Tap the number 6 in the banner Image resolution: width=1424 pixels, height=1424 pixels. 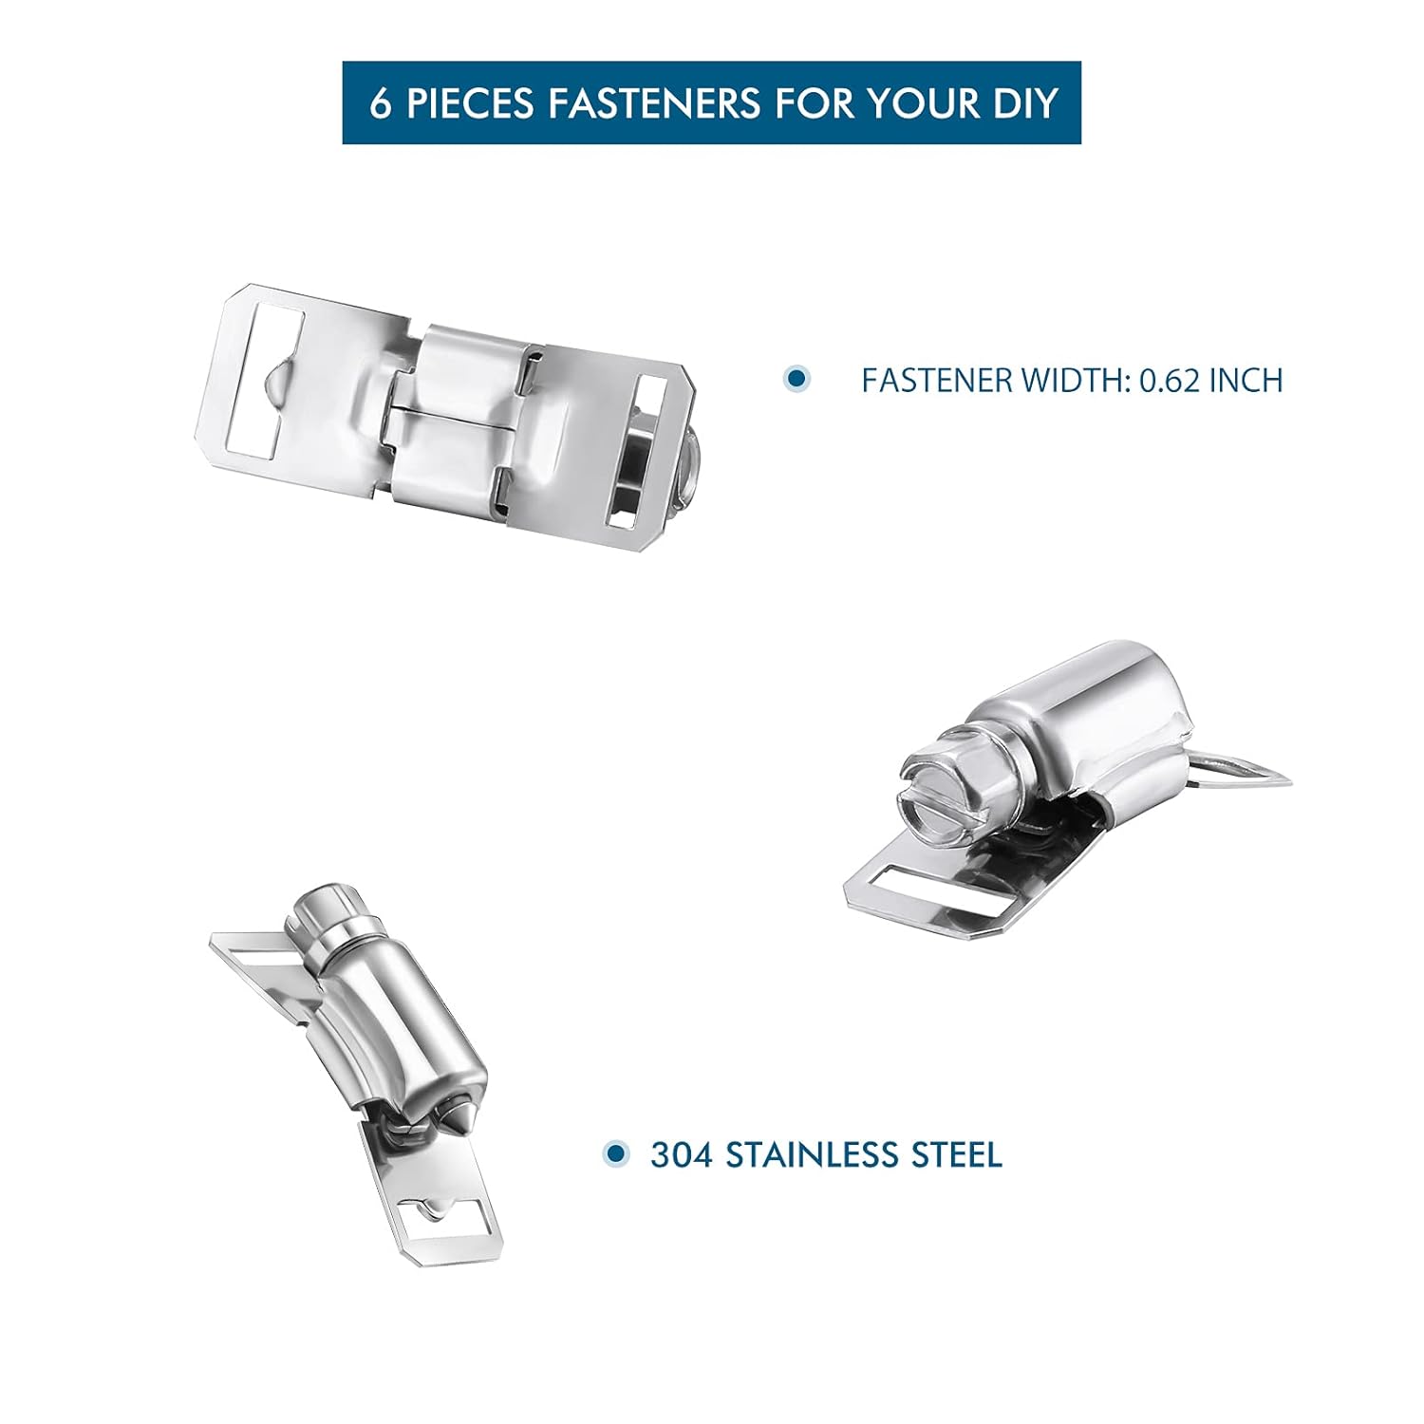[380, 103]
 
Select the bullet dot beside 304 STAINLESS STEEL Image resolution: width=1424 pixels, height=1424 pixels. [617, 1154]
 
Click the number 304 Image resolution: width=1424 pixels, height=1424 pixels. [683, 1155]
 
